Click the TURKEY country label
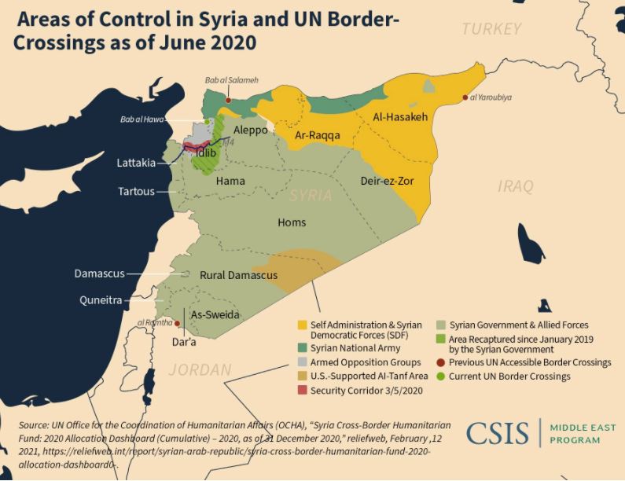[491, 29]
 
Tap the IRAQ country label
[516, 186]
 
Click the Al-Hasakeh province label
[400, 117]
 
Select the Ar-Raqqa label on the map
[318, 135]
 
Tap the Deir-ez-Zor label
[387, 181]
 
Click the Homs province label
[292, 222]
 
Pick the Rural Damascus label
[238, 275]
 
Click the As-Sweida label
[215, 314]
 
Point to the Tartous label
[136, 191]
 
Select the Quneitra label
[100, 299]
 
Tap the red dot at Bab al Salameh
[228, 101]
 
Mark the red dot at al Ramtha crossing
[178, 323]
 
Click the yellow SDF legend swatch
[302, 325]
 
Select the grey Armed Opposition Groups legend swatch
[302, 362]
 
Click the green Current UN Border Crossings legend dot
[441, 376]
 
